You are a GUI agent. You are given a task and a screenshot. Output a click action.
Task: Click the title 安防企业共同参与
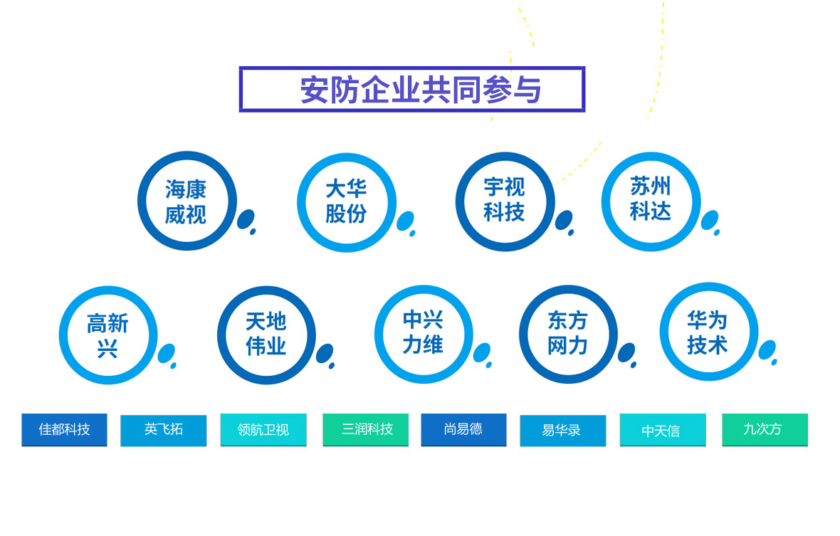point(420,90)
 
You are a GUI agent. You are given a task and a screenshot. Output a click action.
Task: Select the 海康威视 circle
point(142,201)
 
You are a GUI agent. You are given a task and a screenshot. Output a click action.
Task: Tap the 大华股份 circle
point(301,202)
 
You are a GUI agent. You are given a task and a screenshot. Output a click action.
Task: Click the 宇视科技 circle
point(460,201)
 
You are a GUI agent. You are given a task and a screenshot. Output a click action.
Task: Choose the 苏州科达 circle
point(606,201)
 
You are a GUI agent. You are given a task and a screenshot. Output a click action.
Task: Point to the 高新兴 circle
point(63,335)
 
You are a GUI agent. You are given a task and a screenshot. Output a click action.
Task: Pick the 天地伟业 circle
point(221,335)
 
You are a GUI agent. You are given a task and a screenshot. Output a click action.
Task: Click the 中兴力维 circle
point(379,334)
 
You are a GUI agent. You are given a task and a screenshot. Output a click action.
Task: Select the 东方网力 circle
point(523,334)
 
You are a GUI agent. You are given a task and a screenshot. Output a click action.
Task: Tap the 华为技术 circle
point(664,332)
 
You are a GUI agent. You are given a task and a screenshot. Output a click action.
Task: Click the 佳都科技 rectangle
point(64,429)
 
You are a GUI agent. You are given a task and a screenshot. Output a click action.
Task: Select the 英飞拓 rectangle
point(164,430)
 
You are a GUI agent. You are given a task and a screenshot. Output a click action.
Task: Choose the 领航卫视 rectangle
point(263,429)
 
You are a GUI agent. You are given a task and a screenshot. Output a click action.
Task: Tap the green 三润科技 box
point(365,429)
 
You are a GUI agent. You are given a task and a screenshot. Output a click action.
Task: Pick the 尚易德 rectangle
point(463,429)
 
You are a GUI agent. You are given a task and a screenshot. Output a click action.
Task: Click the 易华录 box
point(562,430)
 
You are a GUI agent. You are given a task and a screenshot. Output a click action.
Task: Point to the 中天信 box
point(663,429)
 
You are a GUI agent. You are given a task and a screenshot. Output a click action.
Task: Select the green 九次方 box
point(765,429)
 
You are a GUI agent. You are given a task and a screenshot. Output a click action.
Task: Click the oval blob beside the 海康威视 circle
point(246,219)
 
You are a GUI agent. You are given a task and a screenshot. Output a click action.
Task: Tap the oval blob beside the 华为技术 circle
point(767,350)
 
